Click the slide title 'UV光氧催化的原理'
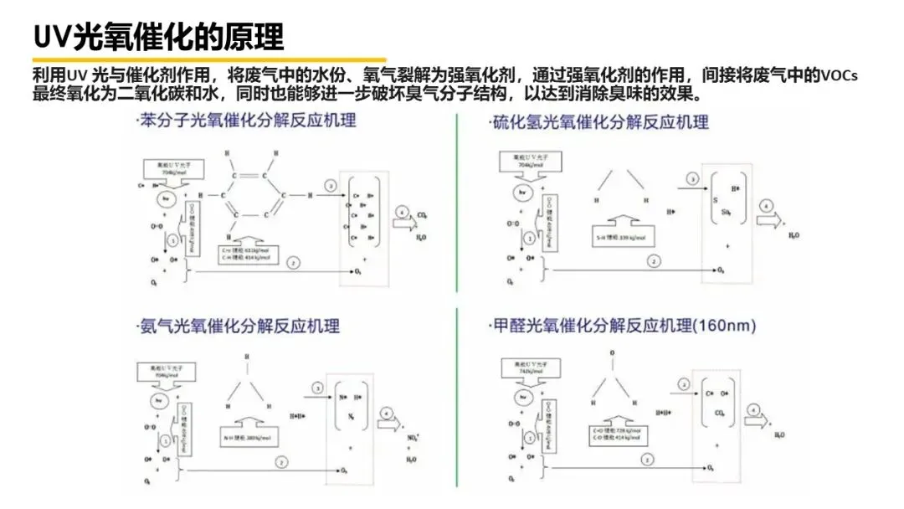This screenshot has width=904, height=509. click(x=159, y=36)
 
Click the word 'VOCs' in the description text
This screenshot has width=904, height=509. click(x=840, y=75)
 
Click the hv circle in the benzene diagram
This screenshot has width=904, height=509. click(x=167, y=198)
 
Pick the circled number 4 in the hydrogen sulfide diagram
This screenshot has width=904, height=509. click(x=764, y=205)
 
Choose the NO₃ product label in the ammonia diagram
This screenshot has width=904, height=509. click(x=411, y=437)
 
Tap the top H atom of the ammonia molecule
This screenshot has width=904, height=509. click(x=246, y=357)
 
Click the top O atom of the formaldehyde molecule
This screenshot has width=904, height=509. click(x=612, y=354)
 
